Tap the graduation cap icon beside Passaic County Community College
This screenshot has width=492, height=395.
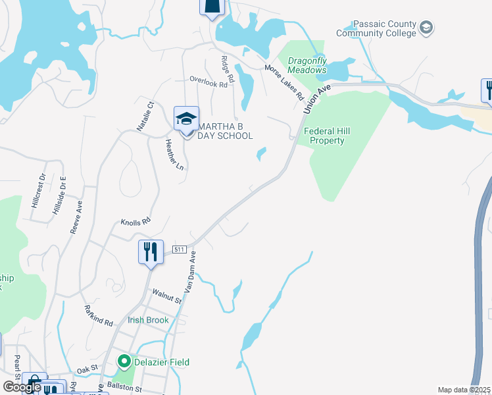[426, 27]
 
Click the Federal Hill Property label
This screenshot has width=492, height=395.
[328, 136]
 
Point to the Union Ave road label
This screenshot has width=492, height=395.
[314, 99]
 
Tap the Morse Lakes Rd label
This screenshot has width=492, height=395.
[284, 82]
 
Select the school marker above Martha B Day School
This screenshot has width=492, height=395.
[186, 119]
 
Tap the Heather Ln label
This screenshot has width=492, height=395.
[174, 155]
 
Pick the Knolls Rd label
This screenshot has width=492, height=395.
[136, 222]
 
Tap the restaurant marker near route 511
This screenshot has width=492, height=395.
[151, 251]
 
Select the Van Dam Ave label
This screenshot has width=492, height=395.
[189, 272]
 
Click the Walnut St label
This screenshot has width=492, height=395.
[166, 296]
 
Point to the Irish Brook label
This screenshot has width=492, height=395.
[149, 320]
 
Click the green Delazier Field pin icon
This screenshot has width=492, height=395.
[124, 361]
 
